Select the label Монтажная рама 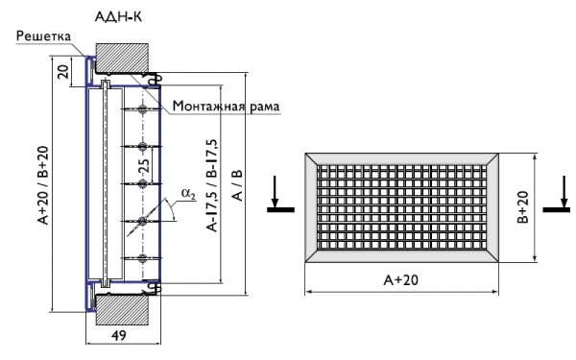[228, 106]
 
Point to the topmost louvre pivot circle [142, 109]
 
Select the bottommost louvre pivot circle [142, 259]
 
